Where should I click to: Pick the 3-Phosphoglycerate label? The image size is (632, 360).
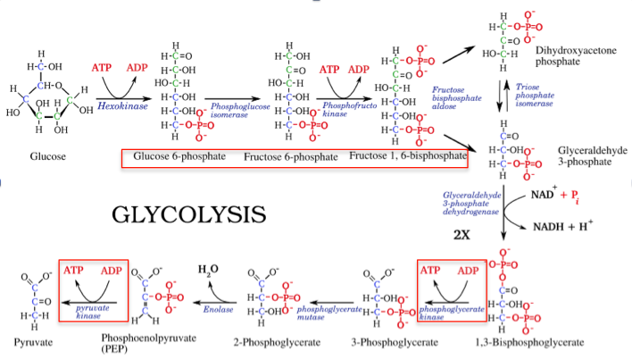pyautogui.click(x=393, y=343)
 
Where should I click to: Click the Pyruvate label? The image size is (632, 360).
pyautogui.click(x=32, y=343)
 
